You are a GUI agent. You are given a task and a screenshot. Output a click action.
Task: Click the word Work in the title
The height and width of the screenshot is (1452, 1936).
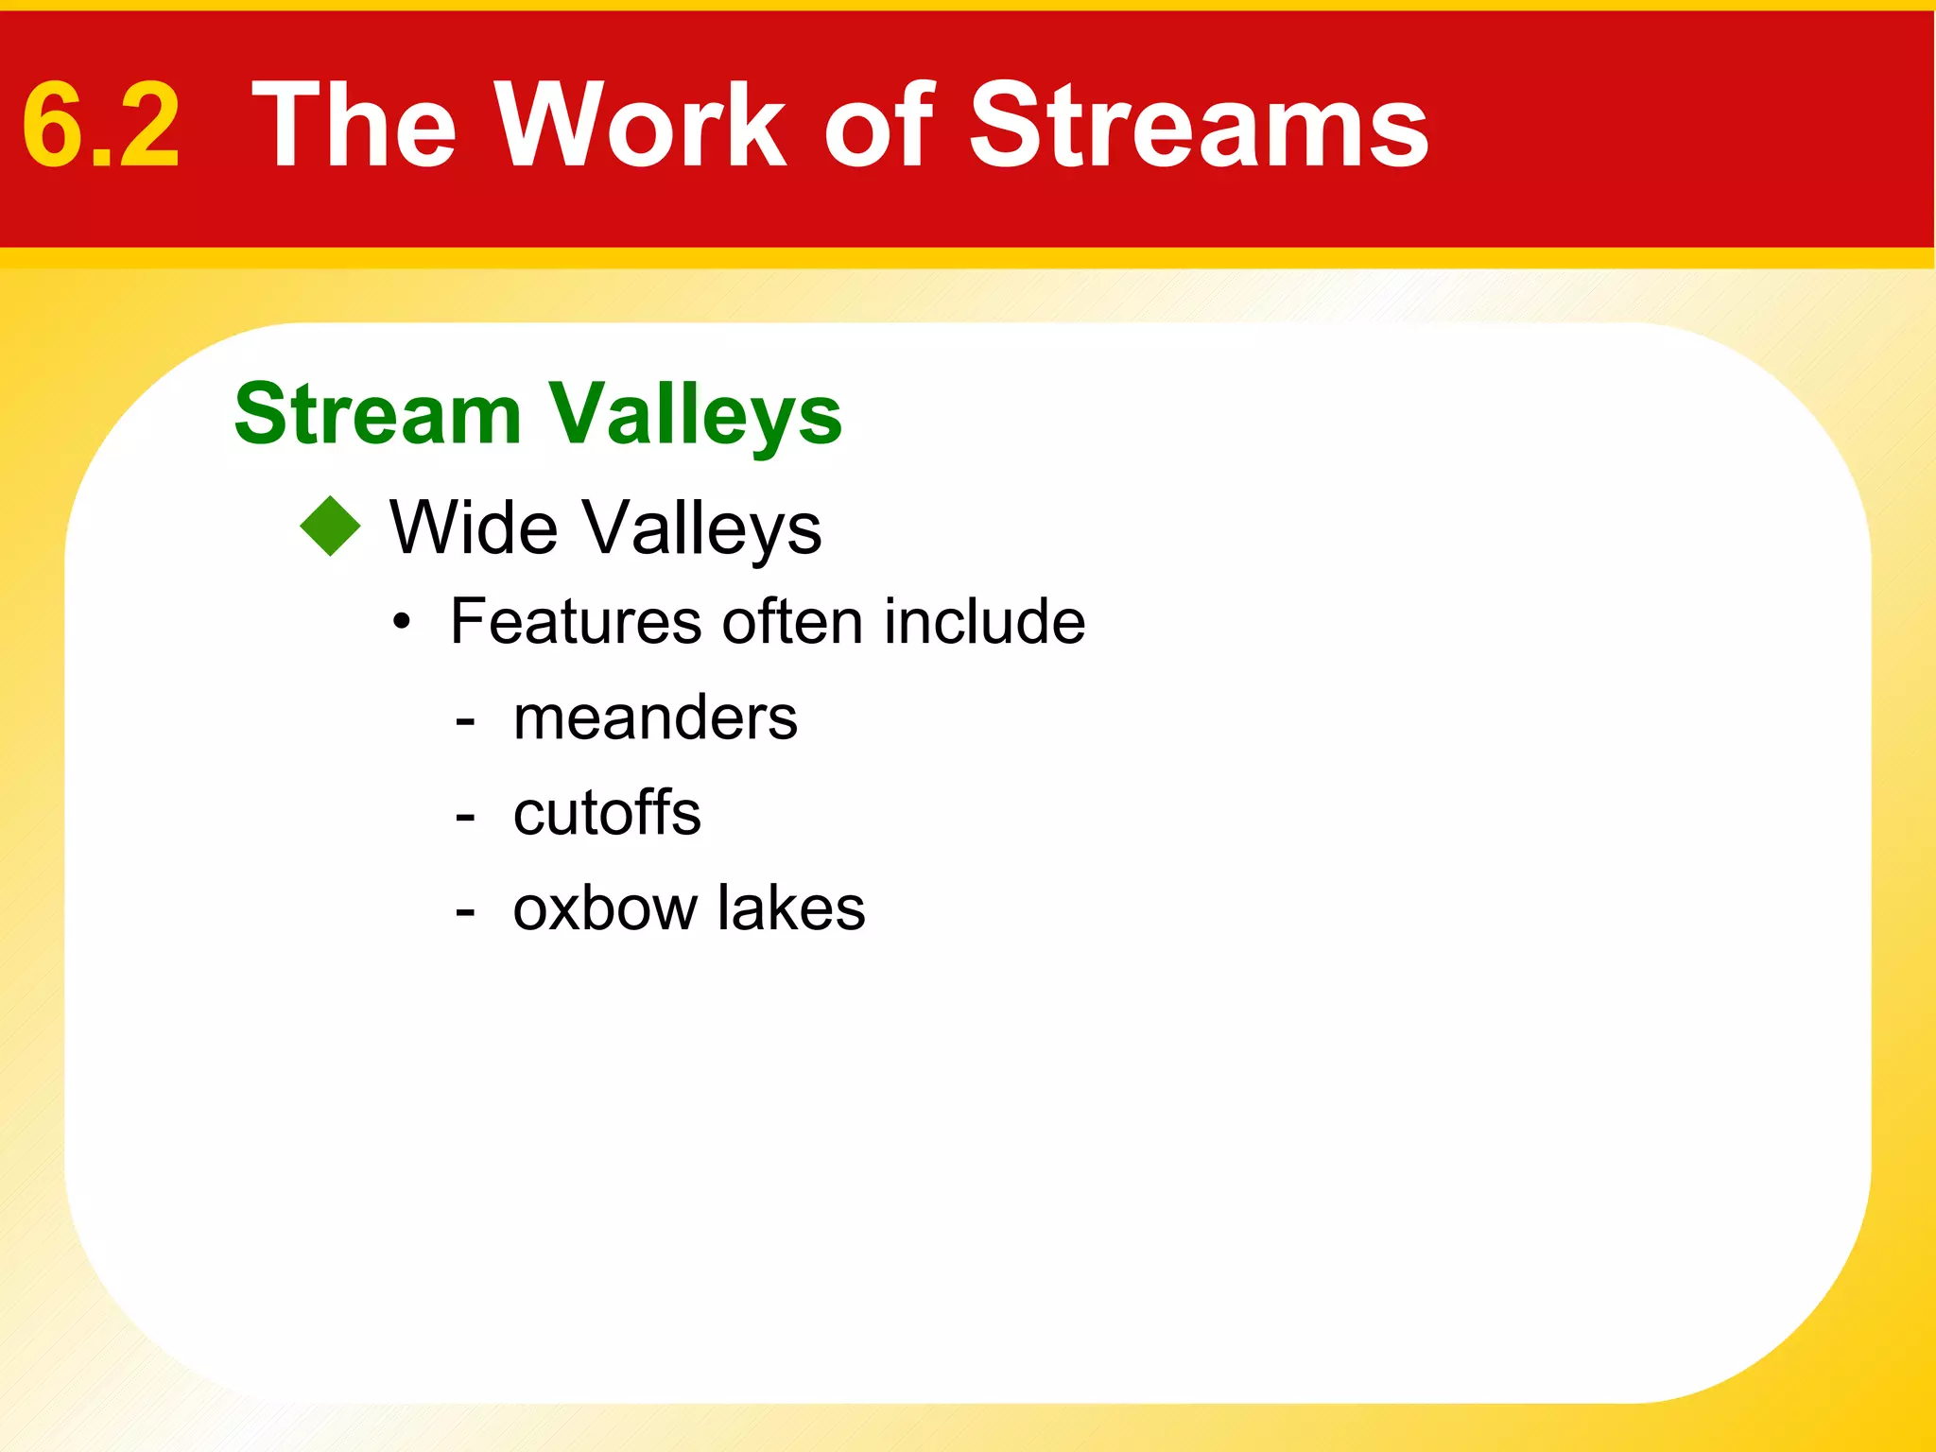642,126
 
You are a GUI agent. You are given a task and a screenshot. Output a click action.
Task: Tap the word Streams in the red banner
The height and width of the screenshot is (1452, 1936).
1199,126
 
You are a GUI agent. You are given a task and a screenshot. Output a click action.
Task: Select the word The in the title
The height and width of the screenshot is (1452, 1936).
354,126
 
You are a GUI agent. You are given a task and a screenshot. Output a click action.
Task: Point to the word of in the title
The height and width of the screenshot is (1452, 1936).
878,126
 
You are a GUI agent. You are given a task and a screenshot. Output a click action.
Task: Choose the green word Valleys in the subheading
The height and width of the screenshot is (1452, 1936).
695,416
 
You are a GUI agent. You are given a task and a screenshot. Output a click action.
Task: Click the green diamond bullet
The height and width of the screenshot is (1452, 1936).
331,527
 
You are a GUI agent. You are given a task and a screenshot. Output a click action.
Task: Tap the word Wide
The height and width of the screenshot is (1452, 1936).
474,527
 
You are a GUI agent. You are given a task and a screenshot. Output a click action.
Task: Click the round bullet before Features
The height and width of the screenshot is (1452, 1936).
403,622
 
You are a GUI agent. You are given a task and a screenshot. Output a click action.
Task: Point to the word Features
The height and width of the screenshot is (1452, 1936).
577,621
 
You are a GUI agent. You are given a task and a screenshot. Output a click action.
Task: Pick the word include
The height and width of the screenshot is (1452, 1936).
984,621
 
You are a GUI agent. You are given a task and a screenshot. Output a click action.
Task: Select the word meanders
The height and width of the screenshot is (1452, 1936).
655,717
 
